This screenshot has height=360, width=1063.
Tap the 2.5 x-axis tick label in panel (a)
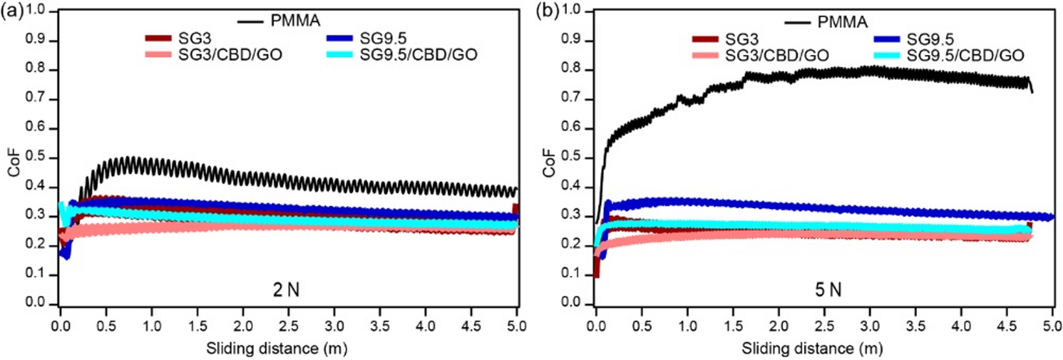pyautogui.click(x=288, y=319)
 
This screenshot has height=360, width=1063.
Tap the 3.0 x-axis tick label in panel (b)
pyautogui.click(x=869, y=319)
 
